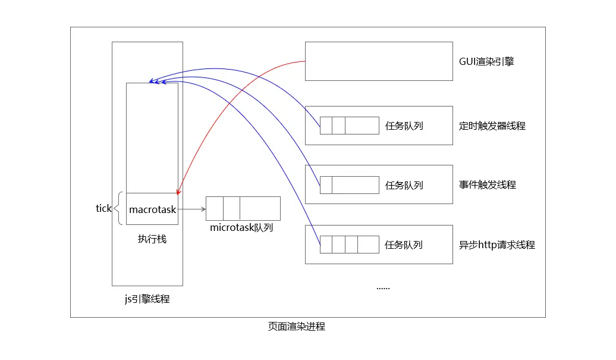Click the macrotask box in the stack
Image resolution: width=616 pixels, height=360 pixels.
[x=152, y=209]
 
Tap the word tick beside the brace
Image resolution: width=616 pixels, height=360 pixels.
[x=103, y=208]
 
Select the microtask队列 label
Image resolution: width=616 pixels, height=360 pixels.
[x=241, y=228]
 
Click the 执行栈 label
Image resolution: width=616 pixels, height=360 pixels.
[x=152, y=239]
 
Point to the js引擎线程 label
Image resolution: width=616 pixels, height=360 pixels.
[x=147, y=299]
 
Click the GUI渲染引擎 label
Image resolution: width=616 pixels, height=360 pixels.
[x=486, y=61]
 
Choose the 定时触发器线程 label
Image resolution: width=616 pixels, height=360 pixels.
[x=492, y=126]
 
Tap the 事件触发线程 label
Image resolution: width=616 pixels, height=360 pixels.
[x=487, y=184]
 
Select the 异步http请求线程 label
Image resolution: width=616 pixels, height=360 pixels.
[x=496, y=245]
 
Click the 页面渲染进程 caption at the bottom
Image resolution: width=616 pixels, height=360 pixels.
[x=296, y=327]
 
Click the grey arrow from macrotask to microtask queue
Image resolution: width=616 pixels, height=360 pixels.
[x=191, y=209]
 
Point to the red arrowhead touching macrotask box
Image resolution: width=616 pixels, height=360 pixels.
[x=178, y=190]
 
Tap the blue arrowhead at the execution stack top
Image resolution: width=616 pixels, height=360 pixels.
[x=151, y=81]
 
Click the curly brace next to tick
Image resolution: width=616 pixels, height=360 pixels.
[x=120, y=208]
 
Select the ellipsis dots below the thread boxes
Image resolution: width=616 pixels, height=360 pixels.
[x=383, y=287]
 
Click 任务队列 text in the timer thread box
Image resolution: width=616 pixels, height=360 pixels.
[x=404, y=126]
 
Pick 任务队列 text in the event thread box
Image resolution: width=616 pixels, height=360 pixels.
[x=404, y=185]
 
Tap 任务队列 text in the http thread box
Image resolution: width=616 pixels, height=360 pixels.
[x=404, y=245]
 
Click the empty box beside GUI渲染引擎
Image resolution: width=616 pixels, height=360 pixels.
[x=379, y=61]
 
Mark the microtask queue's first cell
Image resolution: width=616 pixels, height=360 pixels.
[x=215, y=208]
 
